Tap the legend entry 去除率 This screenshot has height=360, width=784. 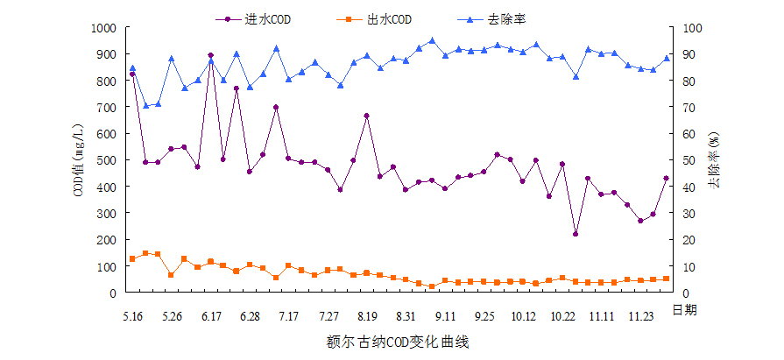pyautogui.click(x=507, y=18)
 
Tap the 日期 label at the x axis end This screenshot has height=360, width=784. pyautogui.click(x=684, y=309)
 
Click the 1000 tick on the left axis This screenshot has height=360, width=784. pyautogui.click(x=102, y=28)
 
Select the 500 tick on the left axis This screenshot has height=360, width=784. pyautogui.click(x=106, y=160)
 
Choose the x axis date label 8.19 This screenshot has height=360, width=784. pyautogui.click(x=367, y=315)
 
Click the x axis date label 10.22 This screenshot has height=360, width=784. pyautogui.click(x=562, y=315)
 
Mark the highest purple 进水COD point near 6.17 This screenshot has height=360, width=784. pyautogui.click(x=210, y=55)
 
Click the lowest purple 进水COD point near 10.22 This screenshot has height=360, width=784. pyautogui.click(x=575, y=234)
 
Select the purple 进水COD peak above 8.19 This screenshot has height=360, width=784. pyautogui.click(x=366, y=116)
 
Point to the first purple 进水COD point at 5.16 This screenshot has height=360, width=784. pyautogui.click(x=132, y=74)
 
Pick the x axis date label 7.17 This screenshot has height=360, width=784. pyautogui.click(x=288, y=315)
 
